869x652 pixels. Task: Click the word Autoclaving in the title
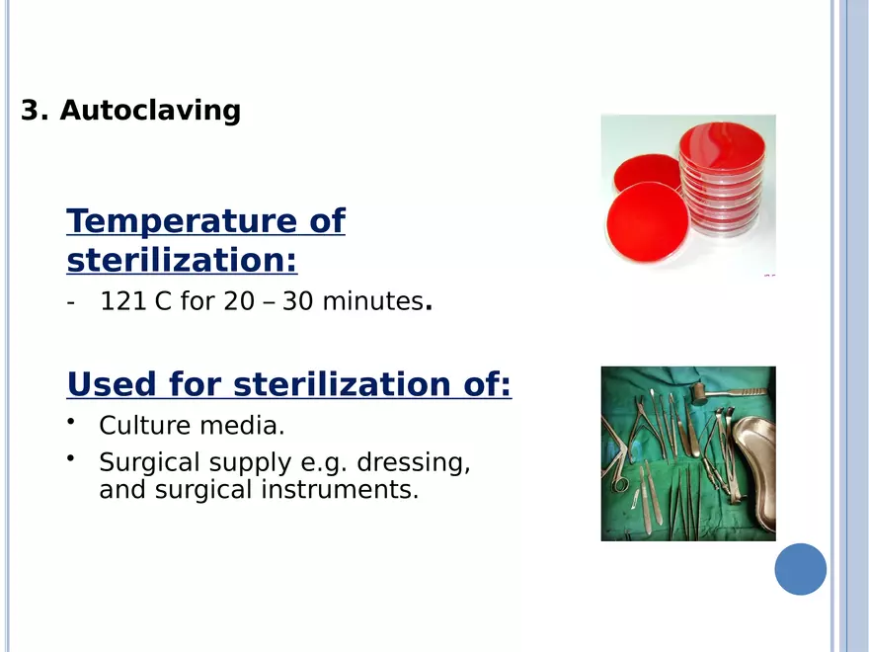click(150, 111)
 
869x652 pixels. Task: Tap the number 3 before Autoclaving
click(30, 110)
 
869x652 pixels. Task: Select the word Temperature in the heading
click(180, 222)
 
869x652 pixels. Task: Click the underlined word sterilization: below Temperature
click(182, 260)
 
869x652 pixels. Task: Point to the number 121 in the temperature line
click(123, 301)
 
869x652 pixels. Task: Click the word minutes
click(373, 301)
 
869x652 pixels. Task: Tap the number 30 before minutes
click(297, 301)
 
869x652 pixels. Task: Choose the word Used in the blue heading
click(112, 383)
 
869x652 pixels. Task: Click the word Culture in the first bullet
click(145, 426)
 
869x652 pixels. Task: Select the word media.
click(242, 426)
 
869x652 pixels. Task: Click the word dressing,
click(414, 462)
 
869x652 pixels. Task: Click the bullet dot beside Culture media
click(70, 422)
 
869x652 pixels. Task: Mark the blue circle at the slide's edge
click(800, 569)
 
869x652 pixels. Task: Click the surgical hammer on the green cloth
click(725, 392)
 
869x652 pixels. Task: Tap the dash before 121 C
click(70, 302)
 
